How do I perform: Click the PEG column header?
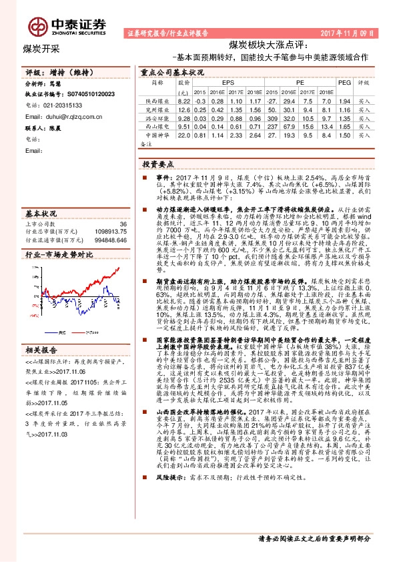click(344, 83)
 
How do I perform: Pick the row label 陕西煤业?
click(155, 99)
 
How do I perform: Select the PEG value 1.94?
click(344, 99)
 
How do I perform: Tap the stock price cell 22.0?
click(184, 133)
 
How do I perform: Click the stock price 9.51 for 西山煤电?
click(184, 125)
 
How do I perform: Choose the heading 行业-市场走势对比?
click(59, 255)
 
